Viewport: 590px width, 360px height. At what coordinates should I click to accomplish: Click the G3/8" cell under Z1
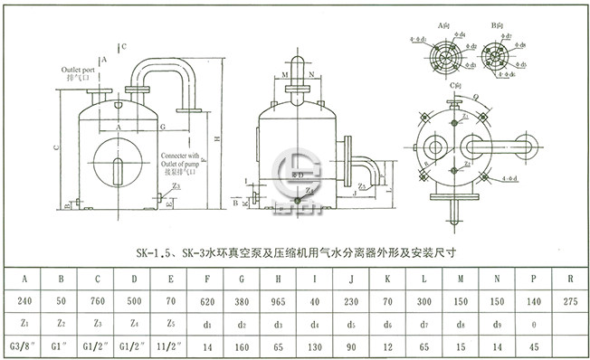pos(24,346)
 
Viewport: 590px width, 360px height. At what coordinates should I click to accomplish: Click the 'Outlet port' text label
pos(79,70)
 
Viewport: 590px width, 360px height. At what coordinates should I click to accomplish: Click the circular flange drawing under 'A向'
pos(444,56)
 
